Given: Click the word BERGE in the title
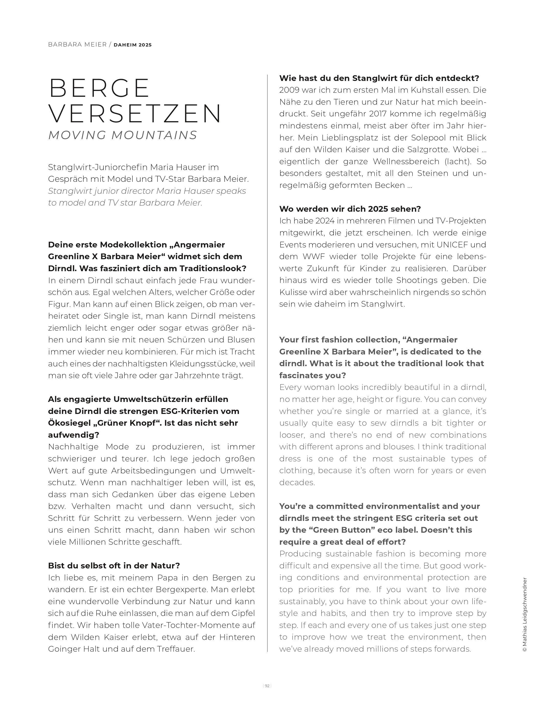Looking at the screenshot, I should coord(99,88).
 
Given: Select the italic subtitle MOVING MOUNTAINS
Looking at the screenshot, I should coord(123,135).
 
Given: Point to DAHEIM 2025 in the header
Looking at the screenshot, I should coord(133,45).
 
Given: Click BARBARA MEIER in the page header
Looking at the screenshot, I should coord(77,45).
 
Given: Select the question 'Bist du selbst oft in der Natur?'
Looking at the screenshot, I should coord(114,565).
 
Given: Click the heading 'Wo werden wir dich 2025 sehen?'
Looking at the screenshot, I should coord(350,209).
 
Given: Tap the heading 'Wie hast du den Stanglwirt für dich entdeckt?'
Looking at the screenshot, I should coord(379,78).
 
